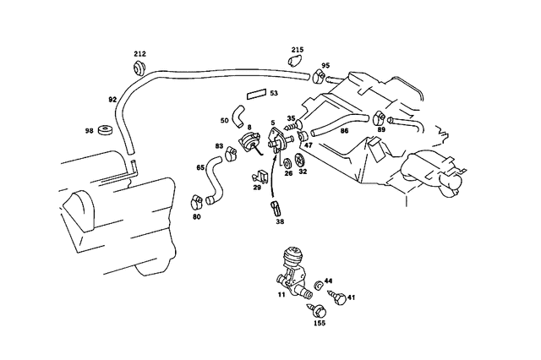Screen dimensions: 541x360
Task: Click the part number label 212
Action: [x=139, y=54]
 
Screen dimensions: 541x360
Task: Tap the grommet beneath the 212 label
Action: [x=139, y=68]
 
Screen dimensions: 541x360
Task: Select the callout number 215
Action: [x=298, y=50]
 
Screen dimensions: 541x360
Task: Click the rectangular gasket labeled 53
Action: [x=256, y=94]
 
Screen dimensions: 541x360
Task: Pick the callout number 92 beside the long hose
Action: [x=112, y=100]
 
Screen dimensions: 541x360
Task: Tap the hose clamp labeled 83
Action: [x=230, y=154]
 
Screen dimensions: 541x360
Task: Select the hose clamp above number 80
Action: [x=197, y=202]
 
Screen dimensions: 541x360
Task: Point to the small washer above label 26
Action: [x=287, y=163]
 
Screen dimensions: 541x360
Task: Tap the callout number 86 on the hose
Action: [x=344, y=131]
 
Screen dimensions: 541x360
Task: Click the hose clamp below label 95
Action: [x=319, y=77]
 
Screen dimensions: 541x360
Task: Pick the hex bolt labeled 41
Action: [x=336, y=297]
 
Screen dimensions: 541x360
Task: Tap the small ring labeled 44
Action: [x=318, y=285]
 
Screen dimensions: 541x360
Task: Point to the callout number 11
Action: [x=281, y=294]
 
